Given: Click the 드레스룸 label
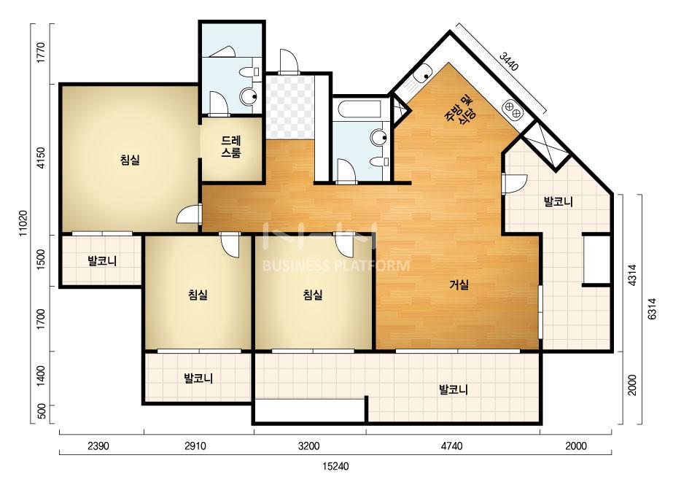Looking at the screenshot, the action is tap(231, 147).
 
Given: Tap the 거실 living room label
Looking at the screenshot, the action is tap(459, 284).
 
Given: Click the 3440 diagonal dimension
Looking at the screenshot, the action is tap(510, 61).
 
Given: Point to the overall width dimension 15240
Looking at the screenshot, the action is tap(335, 466).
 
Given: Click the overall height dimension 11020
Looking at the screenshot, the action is tap(23, 223).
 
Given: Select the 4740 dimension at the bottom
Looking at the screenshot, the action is tap(451, 446).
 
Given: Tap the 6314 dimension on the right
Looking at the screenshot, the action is tap(652, 308).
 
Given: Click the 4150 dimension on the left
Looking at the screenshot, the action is tap(41, 158).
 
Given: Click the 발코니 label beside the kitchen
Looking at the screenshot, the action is tap(558, 201).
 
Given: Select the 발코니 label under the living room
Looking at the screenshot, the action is tap(454, 389).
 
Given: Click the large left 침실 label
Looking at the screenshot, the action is tap(130, 160).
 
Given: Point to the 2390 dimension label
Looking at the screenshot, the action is tap(98, 446).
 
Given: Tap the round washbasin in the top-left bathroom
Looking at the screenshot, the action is tap(249, 97).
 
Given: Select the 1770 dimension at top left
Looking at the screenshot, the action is tap(41, 53).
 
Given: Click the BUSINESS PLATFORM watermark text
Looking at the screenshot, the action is tap(335, 265).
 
